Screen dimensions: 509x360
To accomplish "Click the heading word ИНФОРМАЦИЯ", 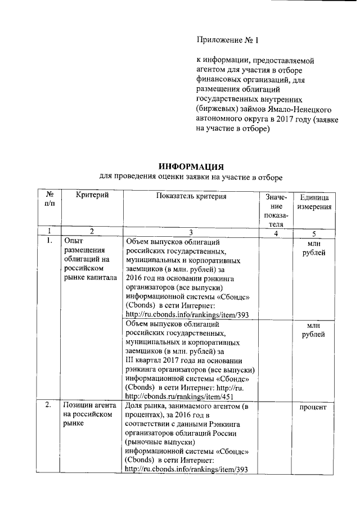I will [x=191, y=166].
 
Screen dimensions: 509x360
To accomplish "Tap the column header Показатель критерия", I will [x=191, y=196].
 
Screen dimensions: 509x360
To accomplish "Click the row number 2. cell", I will [x=49, y=405].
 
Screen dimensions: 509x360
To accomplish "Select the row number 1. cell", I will [x=49, y=241].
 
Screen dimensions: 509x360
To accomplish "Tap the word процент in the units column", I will [x=314, y=406].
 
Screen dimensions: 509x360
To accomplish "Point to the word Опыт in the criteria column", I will [x=73, y=241].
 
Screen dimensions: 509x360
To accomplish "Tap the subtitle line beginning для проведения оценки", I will [x=190, y=177].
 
